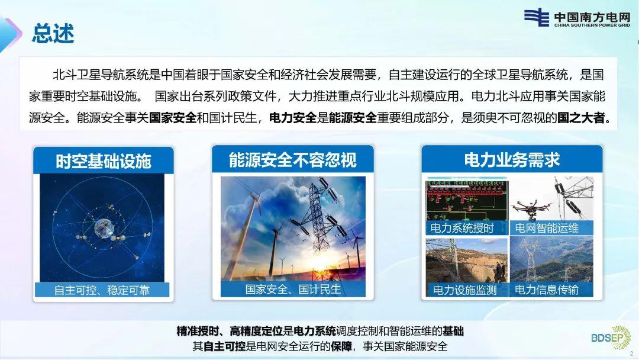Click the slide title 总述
tap(53, 33)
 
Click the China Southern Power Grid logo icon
tap(536, 17)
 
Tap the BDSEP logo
tap(611, 337)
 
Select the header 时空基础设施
tap(104, 162)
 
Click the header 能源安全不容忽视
tap(293, 160)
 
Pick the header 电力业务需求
tap(512, 160)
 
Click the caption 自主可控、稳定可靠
tap(102, 290)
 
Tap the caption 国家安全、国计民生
tap(293, 289)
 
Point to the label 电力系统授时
tap(461, 228)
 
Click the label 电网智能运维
tap(547, 228)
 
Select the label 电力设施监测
tap(464, 290)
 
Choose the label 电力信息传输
tap(547, 290)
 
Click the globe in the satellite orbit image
tap(104, 229)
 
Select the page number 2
tap(632, 353)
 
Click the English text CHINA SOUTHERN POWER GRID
tap(592, 25)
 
